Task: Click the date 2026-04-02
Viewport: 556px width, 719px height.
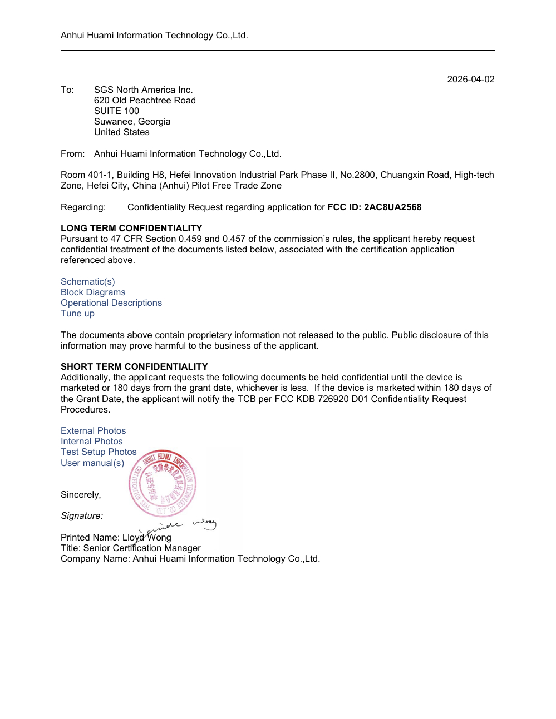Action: point(470,80)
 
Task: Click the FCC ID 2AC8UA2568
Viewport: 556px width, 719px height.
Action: point(392,207)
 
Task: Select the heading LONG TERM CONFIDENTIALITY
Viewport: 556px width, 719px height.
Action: point(131,229)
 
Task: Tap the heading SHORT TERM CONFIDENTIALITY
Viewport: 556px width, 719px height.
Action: point(134,367)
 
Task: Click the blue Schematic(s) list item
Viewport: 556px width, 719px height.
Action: point(88,282)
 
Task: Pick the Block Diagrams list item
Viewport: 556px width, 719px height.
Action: point(93,292)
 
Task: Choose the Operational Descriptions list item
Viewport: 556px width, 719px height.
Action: point(111,303)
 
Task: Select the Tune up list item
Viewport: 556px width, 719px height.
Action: point(77,314)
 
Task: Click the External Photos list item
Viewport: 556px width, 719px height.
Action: point(93,431)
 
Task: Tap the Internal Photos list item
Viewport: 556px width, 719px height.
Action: point(91,442)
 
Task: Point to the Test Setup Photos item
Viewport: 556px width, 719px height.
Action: point(99,452)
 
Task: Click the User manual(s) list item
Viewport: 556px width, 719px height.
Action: point(92,463)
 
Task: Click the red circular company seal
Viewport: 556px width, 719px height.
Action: point(163,483)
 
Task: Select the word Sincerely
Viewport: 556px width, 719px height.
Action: point(81,495)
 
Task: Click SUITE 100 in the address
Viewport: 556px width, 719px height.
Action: point(116,111)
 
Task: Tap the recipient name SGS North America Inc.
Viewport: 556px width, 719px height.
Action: point(143,90)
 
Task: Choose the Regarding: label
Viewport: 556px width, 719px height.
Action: point(83,207)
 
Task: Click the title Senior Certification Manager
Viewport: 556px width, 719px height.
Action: point(142,548)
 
